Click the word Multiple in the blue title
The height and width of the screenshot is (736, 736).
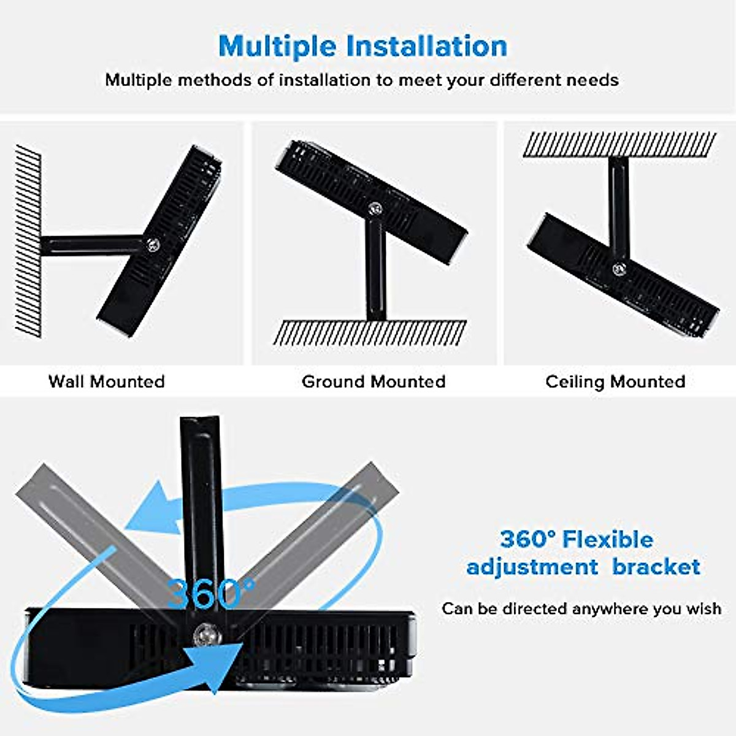click(x=277, y=46)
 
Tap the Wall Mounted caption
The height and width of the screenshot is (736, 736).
click(x=107, y=381)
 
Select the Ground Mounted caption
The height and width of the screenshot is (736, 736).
click(x=374, y=381)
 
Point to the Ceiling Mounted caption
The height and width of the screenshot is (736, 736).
click(x=615, y=381)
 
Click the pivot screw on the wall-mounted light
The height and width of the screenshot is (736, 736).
click(x=153, y=244)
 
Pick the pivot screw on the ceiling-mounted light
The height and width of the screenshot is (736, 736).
click(x=618, y=268)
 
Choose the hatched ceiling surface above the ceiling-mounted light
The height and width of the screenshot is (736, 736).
click(x=619, y=145)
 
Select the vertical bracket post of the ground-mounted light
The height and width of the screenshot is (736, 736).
click(x=375, y=270)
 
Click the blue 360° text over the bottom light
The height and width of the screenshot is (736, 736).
click(x=210, y=592)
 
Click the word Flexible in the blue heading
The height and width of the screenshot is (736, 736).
click(x=607, y=540)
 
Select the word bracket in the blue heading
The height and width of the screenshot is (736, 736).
click(x=656, y=567)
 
